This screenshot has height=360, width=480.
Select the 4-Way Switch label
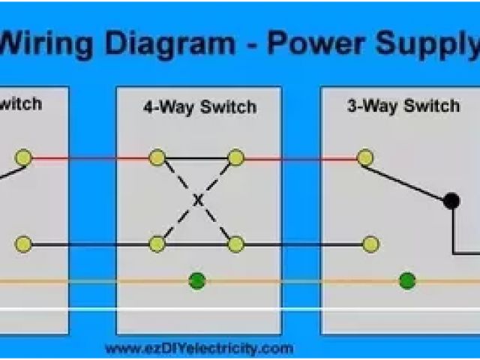199,107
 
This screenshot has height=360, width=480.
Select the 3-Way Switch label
403,106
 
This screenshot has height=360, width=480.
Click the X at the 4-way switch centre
198,200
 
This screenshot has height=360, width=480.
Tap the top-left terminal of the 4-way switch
157,157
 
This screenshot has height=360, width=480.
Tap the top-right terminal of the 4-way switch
236,157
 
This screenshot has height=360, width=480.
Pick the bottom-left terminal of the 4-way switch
157,244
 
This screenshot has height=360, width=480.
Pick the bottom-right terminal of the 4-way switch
236,244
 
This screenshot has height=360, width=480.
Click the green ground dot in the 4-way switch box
197,281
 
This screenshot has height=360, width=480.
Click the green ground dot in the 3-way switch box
407,281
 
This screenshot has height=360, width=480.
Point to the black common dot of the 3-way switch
451,201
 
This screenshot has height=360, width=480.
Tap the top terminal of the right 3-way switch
365,157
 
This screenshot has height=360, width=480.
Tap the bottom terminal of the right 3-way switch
370,244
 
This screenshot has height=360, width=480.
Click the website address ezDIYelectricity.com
199,348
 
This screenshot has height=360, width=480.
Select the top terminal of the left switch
24,157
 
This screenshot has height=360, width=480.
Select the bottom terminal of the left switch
24,244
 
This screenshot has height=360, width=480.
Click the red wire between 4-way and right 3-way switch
300,158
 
